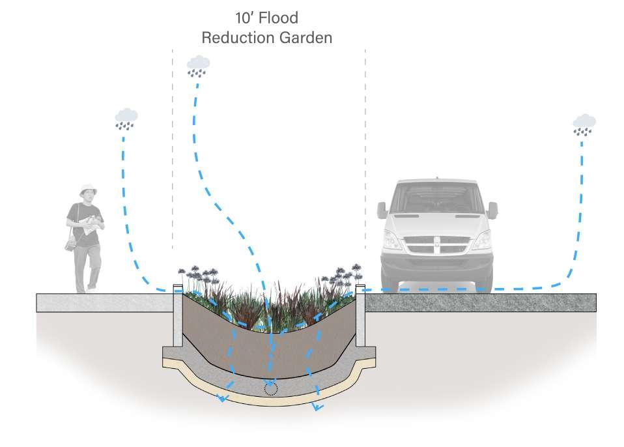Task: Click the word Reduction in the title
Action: [235, 38]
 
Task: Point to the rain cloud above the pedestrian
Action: [126, 118]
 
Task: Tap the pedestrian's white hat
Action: [87, 190]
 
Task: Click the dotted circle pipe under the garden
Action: [269, 389]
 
